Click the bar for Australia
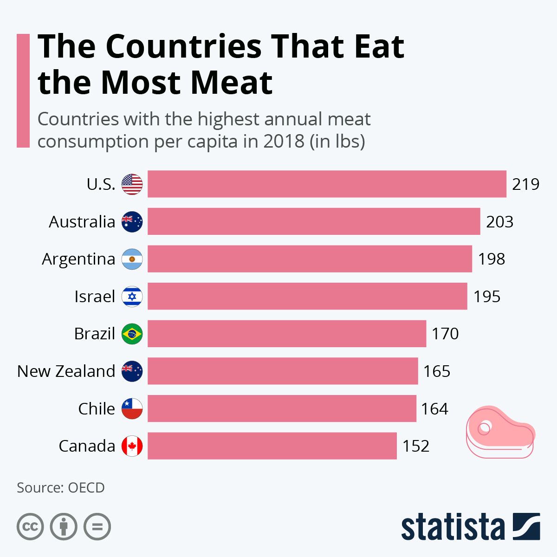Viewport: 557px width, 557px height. tap(314, 221)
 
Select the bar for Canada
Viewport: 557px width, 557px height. tap(272, 446)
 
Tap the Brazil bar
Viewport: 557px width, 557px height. tap(287, 334)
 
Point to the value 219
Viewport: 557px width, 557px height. tap(525, 184)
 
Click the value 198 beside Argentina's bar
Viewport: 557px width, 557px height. tap(492, 259)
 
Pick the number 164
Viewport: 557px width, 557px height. tap(434, 409)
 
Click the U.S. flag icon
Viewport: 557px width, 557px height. tap(132, 184)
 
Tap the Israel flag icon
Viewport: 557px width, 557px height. tap(132, 297)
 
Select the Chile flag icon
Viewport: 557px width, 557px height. tap(132, 409)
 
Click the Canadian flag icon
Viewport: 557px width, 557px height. tap(132, 446)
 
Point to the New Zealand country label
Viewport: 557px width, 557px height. tap(66, 371)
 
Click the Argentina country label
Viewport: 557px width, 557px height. tap(78, 259)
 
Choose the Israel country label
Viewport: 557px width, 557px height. tap(95, 297)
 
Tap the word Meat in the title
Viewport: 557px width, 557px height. tap(231, 83)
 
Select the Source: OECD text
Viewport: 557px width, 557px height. tap(61, 488)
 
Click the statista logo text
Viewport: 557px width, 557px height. tap(453, 528)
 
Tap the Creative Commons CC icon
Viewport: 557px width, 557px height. tap(30, 527)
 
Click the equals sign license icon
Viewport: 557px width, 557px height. tap(97, 527)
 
